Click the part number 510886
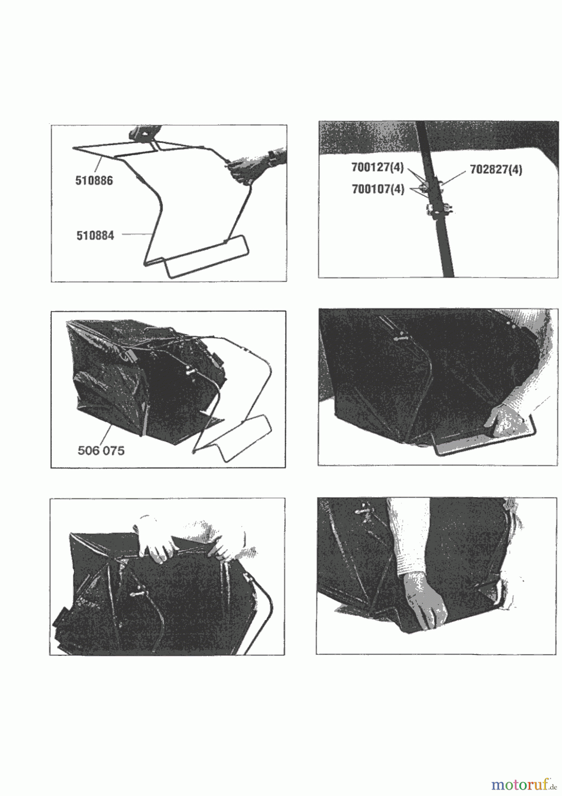coord(94,180)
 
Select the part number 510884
coord(95,235)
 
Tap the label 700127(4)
coord(377,168)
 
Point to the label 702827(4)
coord(496,170)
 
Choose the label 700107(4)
coord(378,189)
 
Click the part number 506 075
coord(101,451)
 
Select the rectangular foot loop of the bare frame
coord(205,256)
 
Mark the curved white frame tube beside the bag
coord(261,615)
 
